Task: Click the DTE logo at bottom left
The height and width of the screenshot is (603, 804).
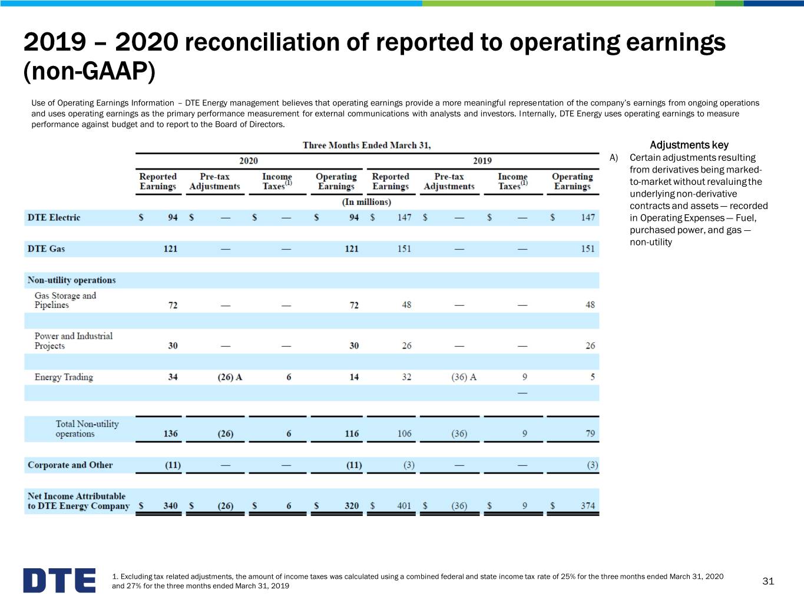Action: [59, 580]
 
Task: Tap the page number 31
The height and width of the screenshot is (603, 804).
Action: [768, 581]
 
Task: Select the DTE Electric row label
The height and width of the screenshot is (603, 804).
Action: [54, 217]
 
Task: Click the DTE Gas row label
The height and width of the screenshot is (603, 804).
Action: [46, 249]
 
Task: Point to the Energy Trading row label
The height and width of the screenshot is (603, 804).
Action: [64, 377]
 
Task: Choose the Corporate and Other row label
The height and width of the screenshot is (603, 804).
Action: [70, 465]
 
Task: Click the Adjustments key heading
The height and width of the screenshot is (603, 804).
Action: [689, 145]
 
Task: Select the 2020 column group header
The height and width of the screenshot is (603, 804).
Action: [249, 161]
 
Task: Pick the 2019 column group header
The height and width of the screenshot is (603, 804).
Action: [482, 161]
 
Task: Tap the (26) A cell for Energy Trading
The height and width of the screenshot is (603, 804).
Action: [230, 377]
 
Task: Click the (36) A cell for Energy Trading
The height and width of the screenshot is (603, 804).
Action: [464, 377]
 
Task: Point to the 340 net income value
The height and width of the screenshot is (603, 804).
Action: [170, 506]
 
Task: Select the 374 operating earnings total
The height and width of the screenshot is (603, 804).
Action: [588, 506]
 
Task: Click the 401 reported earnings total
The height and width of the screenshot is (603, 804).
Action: [405, 506]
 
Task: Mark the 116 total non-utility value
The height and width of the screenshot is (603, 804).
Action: [352, 433]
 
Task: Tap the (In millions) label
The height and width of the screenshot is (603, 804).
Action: [366, 202]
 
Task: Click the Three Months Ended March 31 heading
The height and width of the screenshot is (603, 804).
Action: [366, 145]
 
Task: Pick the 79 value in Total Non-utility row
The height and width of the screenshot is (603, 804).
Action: [590, 433]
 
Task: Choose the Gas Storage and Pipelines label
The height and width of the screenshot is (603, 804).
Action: [65, 300]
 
